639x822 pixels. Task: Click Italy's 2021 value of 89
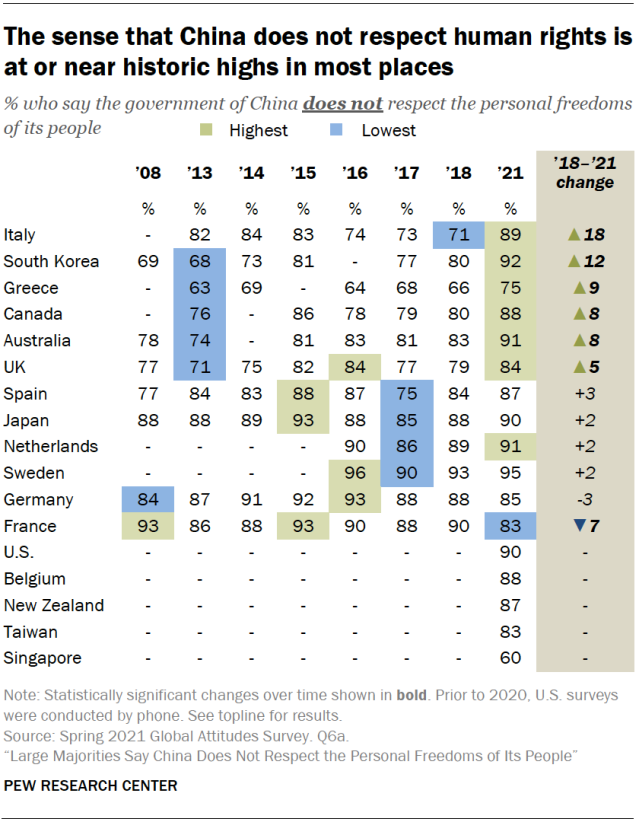(510, 235)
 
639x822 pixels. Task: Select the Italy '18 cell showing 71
(458, 235)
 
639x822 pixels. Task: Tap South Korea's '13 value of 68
(199, 262)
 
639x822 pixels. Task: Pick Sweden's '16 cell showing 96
(354, 473)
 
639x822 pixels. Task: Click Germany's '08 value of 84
(147, 500)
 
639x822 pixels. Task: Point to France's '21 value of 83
(510, 526)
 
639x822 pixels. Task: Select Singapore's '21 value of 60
(510, 658)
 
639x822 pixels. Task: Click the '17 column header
(406, 173)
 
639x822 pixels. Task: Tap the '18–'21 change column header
(585, 172)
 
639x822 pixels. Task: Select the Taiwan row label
(31, 632)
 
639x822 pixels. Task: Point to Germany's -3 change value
(586, 500)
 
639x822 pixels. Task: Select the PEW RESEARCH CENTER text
(91, 786)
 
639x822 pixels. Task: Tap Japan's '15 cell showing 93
(302, 420)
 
